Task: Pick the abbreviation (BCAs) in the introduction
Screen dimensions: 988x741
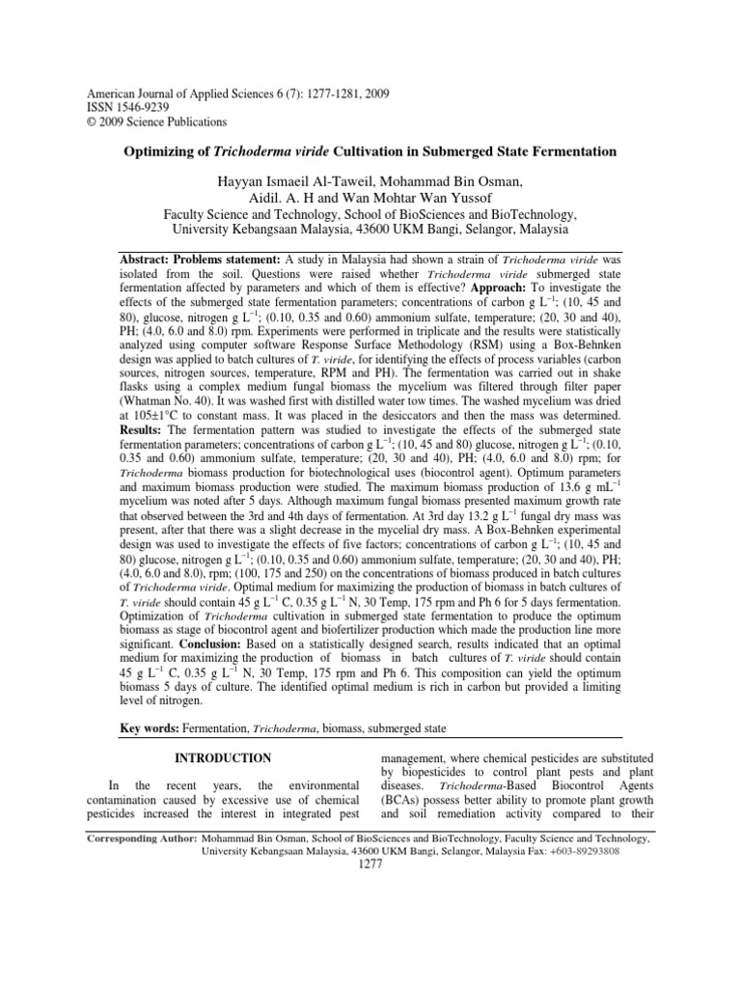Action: pyautogui.click(x=405, y=800)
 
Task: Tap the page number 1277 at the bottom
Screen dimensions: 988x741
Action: pyautogui.click(x=370, y=864)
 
